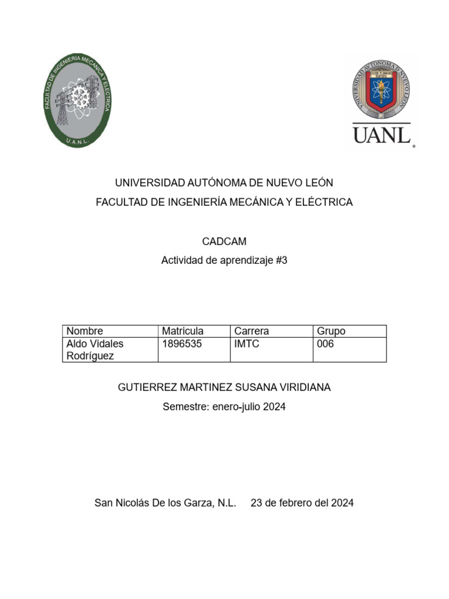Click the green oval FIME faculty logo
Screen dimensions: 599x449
coord(78,101)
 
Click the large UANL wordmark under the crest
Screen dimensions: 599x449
coord(382,135)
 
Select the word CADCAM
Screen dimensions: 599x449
coord(224,241)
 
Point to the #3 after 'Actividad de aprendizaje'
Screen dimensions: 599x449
coord(281,261)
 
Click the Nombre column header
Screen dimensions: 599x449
coord(85,331)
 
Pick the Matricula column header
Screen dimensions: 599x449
coord(182,331)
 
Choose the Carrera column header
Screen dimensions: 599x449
coord(251,331)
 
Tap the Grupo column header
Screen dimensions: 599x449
coord(331,331)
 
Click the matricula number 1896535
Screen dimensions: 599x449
coord(181,344)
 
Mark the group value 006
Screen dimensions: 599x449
coord(325,344)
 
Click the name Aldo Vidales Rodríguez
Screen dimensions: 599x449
coord(95,350)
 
